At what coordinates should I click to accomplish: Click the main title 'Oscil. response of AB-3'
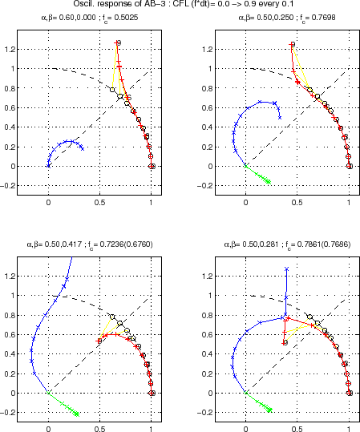(x=180, y=6)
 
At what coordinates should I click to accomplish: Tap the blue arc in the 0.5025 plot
(x=64, y=143)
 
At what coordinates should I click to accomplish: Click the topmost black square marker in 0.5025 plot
(x=119, y=42)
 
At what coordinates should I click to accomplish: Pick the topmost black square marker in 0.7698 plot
(x=293, y=44)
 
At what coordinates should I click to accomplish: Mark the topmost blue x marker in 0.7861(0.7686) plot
(x=286, y=269)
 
